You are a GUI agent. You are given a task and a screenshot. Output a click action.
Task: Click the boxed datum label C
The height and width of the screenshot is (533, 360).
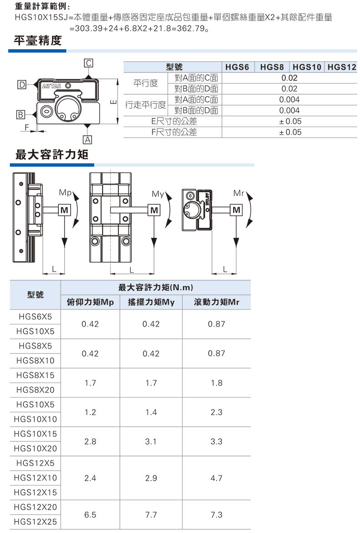[89, 63]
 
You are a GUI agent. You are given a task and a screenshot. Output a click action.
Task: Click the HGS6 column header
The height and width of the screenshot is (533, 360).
[237, 67]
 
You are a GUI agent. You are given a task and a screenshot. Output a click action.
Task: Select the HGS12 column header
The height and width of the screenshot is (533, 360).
[341, 67]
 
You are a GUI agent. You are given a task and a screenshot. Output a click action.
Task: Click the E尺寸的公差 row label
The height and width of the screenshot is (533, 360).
[174, 121]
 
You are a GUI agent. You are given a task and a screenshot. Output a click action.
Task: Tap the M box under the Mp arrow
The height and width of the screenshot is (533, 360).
[64, 210]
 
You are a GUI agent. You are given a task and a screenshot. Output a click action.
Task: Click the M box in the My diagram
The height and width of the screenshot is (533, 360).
[155, 210]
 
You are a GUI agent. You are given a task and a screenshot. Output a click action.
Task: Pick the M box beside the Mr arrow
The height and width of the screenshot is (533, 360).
[237, 210]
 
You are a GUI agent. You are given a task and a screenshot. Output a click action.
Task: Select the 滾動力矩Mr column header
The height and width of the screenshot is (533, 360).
[216, 302]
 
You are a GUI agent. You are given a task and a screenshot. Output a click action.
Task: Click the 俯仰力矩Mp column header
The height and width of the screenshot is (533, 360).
[90, 302]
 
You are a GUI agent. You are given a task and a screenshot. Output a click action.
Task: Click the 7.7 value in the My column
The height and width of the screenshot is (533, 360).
[151, 514]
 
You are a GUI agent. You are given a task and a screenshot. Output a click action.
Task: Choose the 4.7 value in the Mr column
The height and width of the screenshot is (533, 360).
[216, 478]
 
